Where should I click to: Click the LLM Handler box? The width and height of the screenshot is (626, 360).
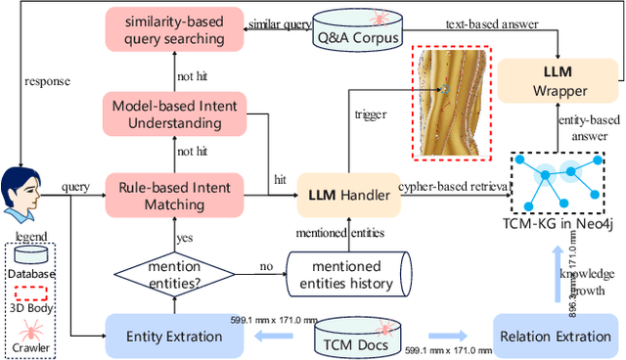point(345,196)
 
